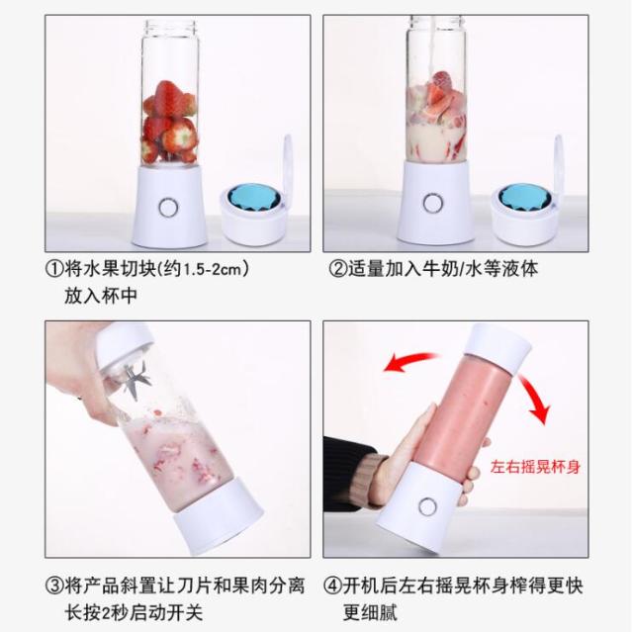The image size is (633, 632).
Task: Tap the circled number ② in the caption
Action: [338, 269]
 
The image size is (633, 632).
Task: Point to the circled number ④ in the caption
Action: [333, 586]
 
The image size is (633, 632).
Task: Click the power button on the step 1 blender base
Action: [168, 208]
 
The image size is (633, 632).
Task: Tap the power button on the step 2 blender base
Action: [433, 203]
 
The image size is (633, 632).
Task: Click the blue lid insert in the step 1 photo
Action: [252, 199]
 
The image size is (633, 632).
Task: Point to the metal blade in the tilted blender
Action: [136, 380]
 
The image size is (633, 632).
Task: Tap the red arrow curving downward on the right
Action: [535, 398]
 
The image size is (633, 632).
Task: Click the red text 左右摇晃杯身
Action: [535, 467]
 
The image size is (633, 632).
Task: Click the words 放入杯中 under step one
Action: [101, 296]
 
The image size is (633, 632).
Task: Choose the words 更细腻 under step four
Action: [370, 612]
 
